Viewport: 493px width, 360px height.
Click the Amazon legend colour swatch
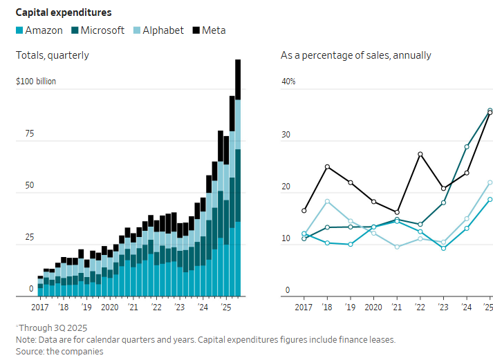19,30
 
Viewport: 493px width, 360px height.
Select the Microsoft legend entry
102,30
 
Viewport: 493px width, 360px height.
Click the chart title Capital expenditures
64,12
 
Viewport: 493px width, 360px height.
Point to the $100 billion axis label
36,82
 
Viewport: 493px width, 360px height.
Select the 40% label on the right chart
288,82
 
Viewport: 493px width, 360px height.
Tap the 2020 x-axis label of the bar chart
109,307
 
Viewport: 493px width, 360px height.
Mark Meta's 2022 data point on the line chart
420,154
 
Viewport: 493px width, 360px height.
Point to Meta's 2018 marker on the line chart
327,167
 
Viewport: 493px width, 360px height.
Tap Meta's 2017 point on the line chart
304,211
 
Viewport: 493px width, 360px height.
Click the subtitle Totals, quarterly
53,55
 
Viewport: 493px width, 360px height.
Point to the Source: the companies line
59,351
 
